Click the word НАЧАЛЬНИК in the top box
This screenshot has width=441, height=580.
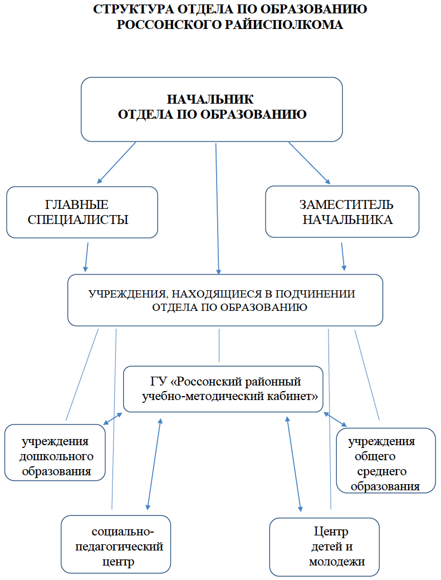(210, 99)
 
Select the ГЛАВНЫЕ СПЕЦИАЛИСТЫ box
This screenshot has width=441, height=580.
(82, 212)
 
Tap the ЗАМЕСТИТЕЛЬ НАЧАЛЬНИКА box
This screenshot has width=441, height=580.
(342, 212)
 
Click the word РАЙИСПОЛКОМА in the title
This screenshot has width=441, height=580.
(284, 25)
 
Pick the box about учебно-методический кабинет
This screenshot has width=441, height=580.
(223, 389)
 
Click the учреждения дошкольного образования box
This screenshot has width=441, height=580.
(55, 452)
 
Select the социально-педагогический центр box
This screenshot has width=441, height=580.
(116, 544)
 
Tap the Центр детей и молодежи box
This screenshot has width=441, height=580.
(325, 547)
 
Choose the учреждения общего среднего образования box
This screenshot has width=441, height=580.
(386, 461)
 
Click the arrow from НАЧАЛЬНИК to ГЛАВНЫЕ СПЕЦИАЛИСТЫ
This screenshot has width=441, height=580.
(116, 163)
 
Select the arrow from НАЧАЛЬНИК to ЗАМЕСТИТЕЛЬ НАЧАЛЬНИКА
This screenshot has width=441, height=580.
(309, 163)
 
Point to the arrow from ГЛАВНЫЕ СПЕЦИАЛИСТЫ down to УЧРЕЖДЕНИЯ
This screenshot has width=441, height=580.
(86, 257)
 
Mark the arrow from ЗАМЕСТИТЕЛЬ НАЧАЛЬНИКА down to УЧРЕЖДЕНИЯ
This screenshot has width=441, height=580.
(343, 257)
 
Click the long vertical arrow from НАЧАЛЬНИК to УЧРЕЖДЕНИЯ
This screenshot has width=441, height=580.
(217, 209)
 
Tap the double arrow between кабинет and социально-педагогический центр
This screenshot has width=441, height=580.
(154, 464)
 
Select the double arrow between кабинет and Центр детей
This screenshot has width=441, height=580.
(294, 464)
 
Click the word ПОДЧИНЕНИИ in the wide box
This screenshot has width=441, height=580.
(315, 294)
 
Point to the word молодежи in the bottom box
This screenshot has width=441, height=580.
(337, 562)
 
